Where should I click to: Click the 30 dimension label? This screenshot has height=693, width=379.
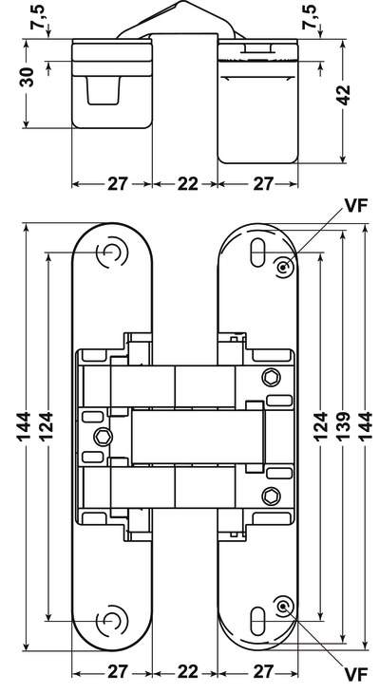tap(28, 77)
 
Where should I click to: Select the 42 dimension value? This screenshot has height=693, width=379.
tap(343, 95)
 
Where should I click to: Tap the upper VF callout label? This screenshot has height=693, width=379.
tap(356, 207)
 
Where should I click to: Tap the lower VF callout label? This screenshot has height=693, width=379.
tap(356, 675)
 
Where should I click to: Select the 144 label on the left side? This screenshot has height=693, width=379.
tap(24, 426)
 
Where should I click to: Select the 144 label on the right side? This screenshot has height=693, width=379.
tap(365, 426)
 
